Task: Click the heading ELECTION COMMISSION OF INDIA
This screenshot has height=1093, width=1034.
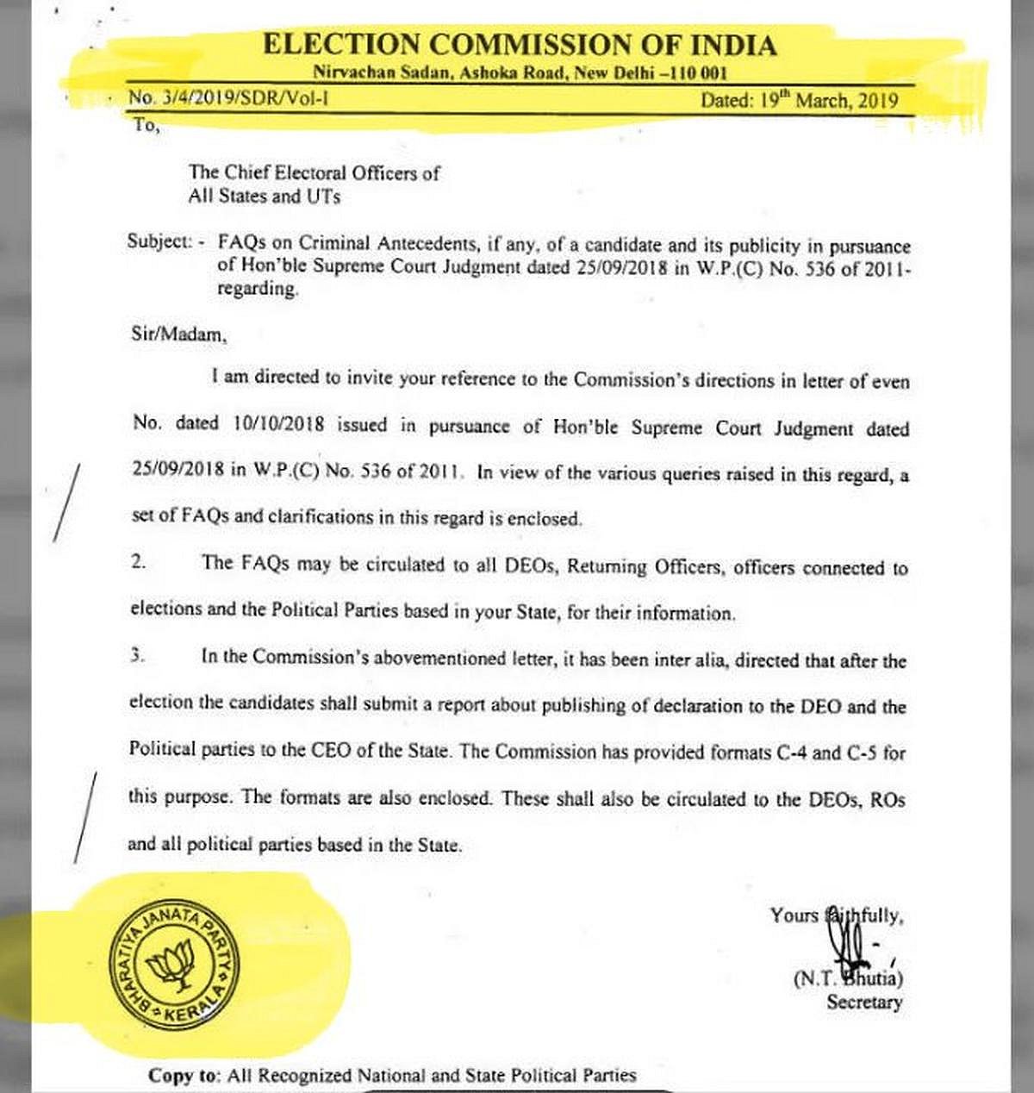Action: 520,45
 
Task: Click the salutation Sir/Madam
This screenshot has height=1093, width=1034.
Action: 173,334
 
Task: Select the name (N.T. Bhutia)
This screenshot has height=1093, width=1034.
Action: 848,978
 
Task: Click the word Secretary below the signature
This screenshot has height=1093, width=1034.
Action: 864,1002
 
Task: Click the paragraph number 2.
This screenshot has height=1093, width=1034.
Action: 139,562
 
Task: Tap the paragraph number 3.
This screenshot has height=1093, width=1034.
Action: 137,655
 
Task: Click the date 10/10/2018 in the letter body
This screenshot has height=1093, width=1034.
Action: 277,425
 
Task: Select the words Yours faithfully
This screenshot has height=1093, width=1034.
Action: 836,915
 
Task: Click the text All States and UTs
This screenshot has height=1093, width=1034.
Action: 265,197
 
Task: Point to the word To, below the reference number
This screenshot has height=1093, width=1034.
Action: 146,125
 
